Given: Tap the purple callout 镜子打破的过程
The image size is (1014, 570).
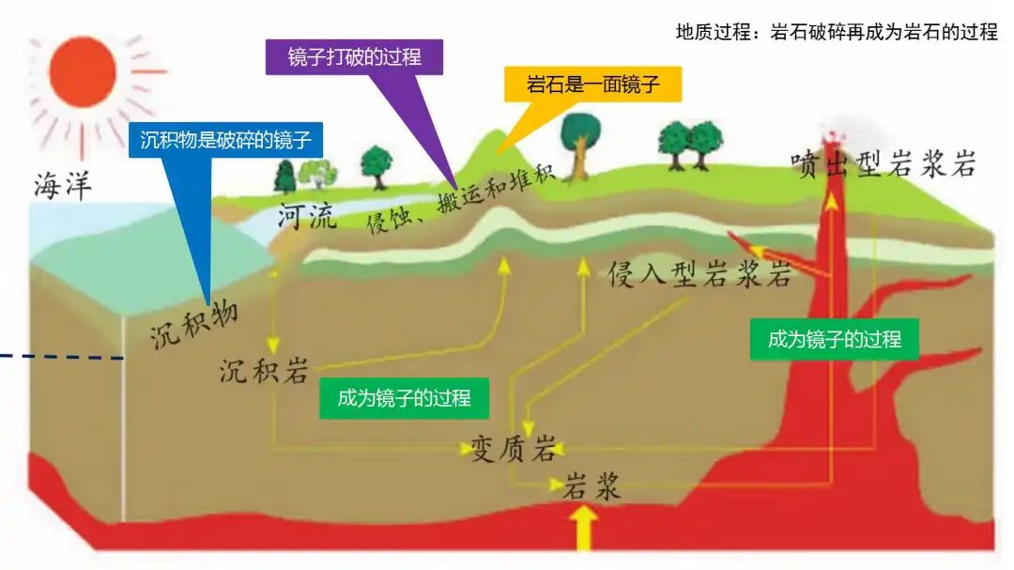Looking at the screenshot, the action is tap(354, 57).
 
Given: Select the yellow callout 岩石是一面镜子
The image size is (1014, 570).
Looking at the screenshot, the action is tap(592, 85).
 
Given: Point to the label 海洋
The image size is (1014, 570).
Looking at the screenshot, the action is tap(64, 187).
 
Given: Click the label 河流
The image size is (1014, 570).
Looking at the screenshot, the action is tap(306, 219).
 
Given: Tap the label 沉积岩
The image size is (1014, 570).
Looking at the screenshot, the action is tap(264, 371).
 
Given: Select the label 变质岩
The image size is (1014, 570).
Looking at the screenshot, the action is tap(513, 449).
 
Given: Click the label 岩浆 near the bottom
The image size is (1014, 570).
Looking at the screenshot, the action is tap(592, 486).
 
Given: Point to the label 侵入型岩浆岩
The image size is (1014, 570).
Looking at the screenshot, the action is tap(700, 274).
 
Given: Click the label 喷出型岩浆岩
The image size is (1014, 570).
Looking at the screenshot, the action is tap(883, 165).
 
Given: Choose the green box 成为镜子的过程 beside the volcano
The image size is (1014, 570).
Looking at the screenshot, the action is tap(834, 339).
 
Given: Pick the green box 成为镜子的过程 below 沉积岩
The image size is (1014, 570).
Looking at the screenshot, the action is tap(404, 397).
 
